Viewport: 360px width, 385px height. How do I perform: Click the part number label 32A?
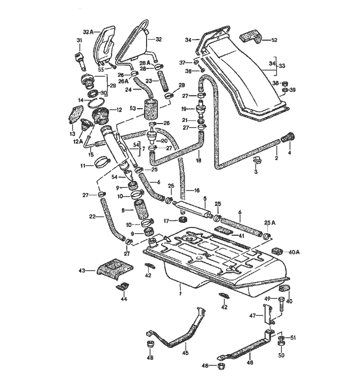click(x=87, y=31)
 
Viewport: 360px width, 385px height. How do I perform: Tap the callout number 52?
click(x=274, y=40)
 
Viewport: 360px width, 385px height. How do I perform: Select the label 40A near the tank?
click(x=294, y=252)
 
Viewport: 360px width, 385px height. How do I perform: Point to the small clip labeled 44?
click(x=123, y=286)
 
